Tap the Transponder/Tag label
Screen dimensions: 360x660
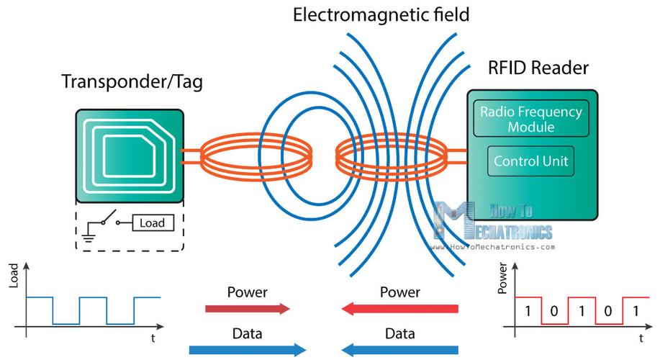click(x=132, y=81)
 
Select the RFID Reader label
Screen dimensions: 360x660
click(x=538, y=68)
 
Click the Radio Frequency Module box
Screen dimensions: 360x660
click(x=528, y=120)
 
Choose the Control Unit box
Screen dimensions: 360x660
click(x=530, y=161)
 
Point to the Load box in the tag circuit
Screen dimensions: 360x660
click(x=152, y=223)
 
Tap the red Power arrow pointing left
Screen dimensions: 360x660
click(x=400, y=309)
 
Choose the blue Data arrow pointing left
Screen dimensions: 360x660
click(x=400, y=350)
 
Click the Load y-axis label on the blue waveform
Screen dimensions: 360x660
click(x=14, y=279)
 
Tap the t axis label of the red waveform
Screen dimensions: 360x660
click(x=641, y=337)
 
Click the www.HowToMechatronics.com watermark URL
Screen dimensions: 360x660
click(x=494, y=246)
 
